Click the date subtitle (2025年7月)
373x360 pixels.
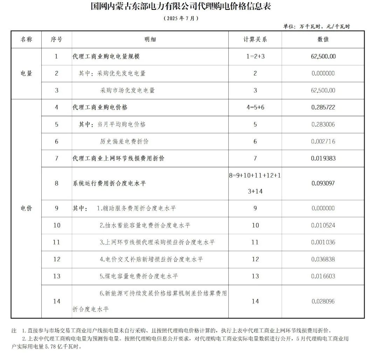coord(181,18)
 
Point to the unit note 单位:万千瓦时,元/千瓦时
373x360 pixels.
coord(316,26)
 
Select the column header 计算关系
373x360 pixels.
coord(255,40)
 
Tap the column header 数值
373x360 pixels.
coord(323,40)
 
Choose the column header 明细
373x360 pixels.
coord(150,40)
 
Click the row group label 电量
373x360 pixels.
coord(26,73)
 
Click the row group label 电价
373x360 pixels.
coord(26,208)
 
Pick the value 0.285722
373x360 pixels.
coord(323,107)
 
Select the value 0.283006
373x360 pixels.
coord(323,125)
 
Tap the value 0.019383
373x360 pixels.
coord(323,158)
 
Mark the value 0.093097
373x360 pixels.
coord(323,183)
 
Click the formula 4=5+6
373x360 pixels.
coord(255,107)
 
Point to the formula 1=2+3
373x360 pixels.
coord(255,56)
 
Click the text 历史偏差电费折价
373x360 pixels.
coord(124,141)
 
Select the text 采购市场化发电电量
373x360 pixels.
coord(127,90)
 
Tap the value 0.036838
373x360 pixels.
coord(323,259)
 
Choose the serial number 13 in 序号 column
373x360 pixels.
coord(57,276)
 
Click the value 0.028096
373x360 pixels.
coord(323,301)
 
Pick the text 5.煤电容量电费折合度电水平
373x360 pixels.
coord(139,276)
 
